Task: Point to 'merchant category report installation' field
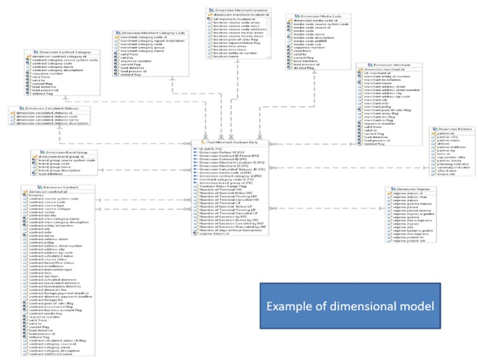152,41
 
